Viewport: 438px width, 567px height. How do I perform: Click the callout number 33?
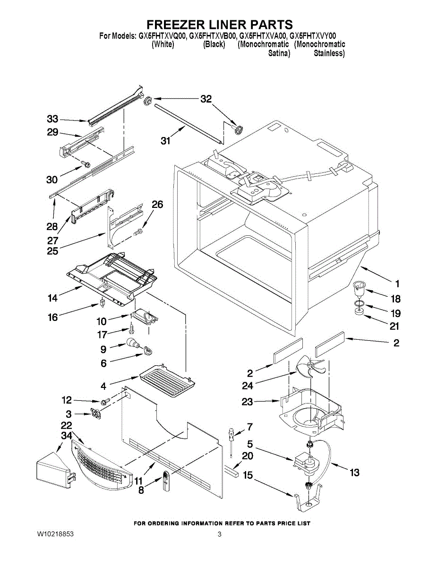52,119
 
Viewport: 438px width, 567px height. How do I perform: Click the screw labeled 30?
86,164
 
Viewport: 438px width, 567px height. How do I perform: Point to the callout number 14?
52,298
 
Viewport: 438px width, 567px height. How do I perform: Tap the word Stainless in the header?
329,53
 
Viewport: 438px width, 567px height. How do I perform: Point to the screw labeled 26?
138,232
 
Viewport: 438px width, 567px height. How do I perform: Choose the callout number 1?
397,284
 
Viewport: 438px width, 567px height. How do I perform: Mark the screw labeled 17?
132,329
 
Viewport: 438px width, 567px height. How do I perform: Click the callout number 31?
165,141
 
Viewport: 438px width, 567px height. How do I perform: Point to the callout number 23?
247,402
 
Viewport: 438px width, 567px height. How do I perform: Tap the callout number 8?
141,490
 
